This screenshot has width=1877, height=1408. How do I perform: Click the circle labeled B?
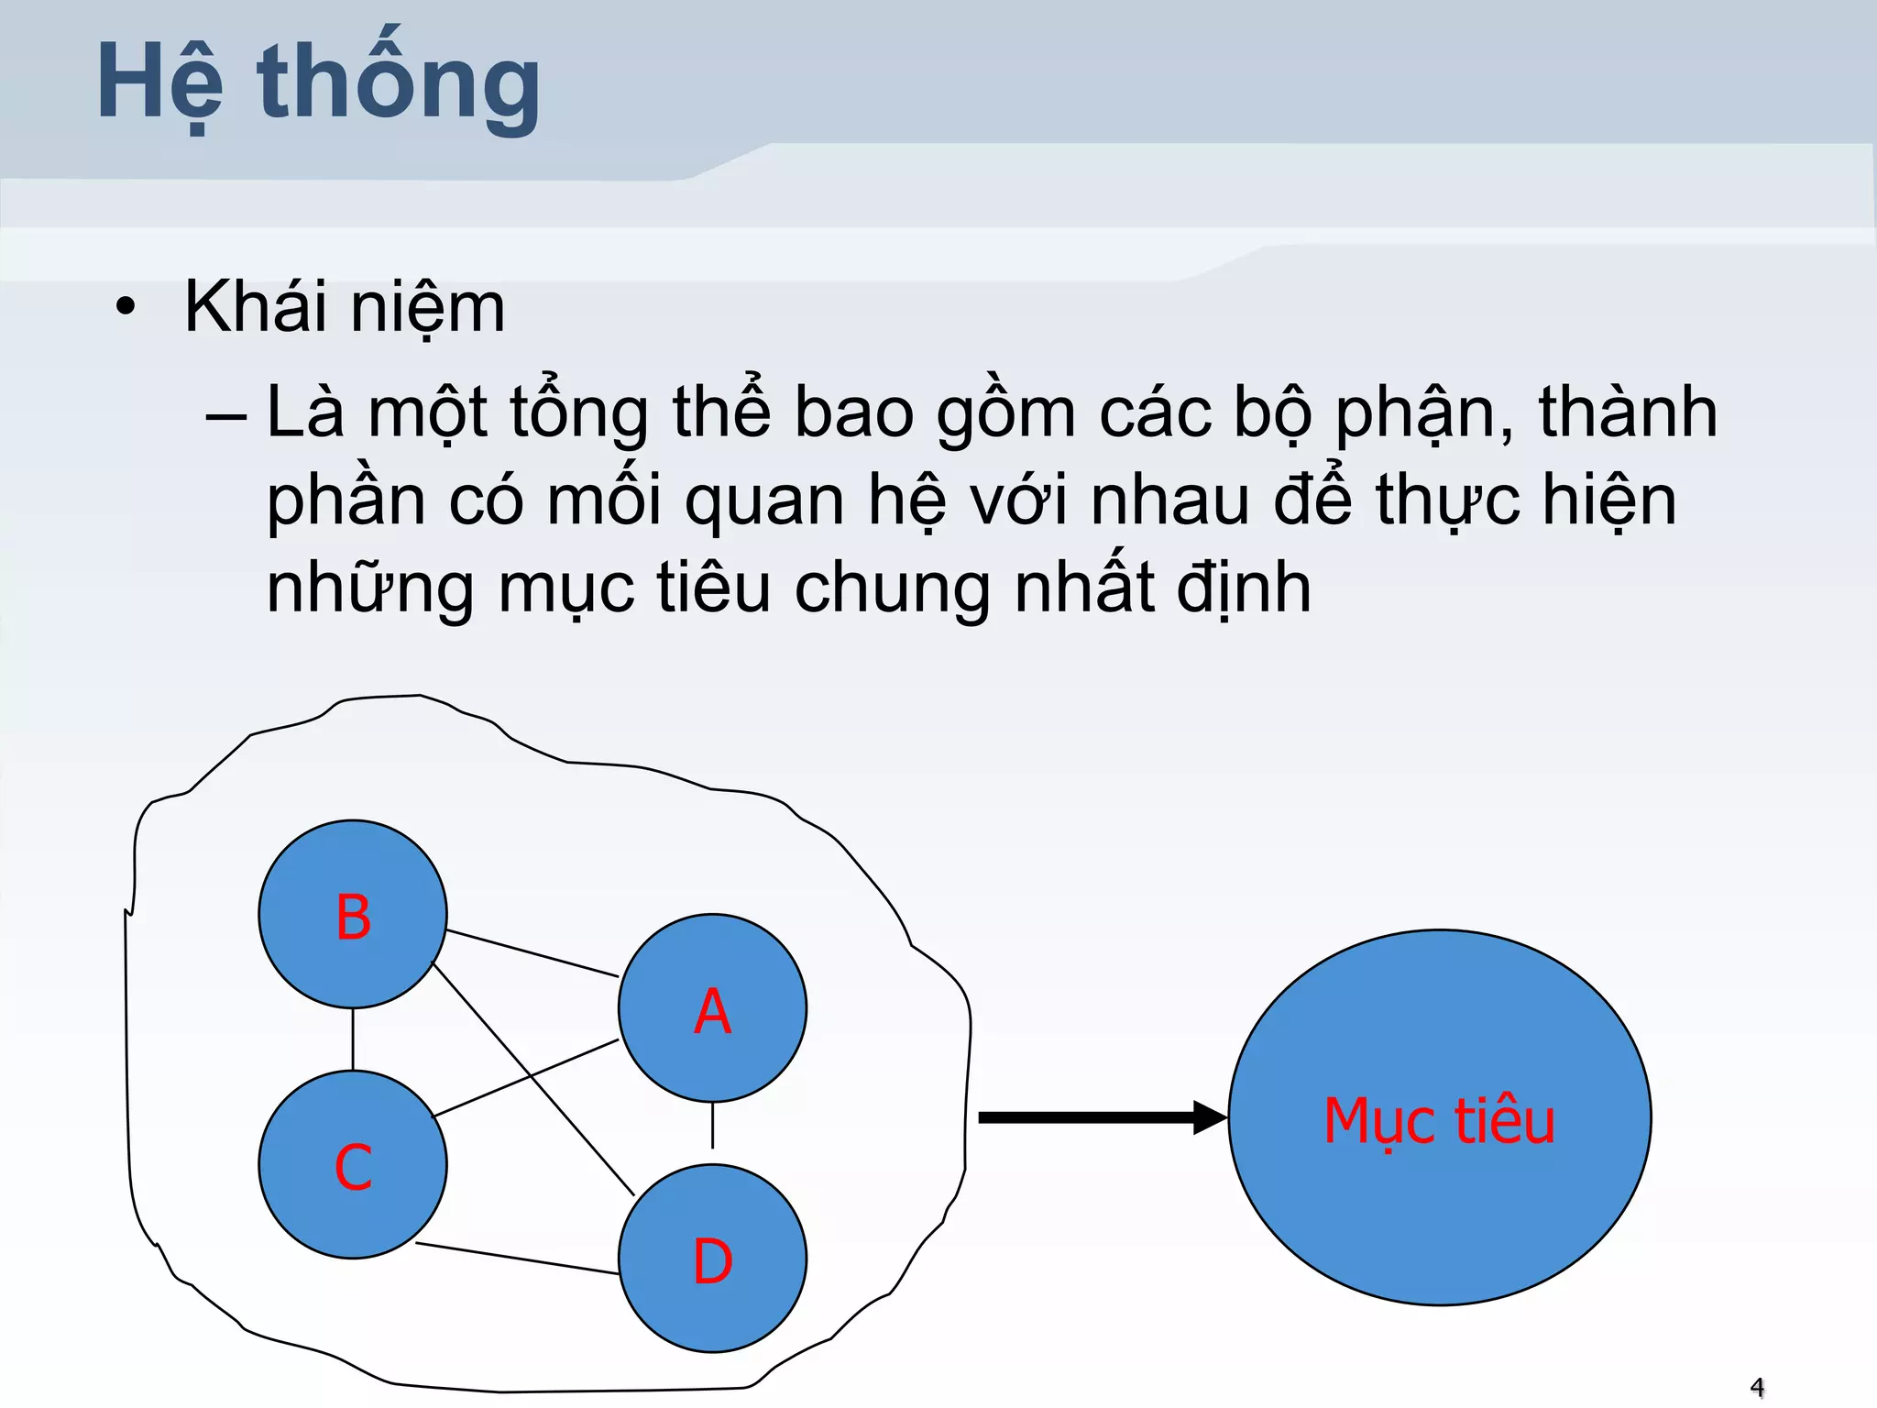(353, 914)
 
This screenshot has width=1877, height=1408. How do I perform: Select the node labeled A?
(712, 1008)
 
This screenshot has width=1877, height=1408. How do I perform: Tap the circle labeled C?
(353, 1164)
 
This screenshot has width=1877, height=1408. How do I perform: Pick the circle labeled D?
(712, 1259)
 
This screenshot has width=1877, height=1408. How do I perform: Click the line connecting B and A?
(532, 953)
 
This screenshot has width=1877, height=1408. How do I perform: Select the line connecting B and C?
(353, 1039)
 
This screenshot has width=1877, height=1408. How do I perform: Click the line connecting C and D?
(518, 1259)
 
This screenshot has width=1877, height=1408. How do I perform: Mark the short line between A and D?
(712, 1125)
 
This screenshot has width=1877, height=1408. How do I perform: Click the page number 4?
(1756, 1387)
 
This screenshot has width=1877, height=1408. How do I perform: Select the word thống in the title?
(400, 84)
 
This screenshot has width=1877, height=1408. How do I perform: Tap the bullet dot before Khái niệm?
(126, 307)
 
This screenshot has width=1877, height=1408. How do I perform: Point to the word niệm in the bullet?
(427, 308)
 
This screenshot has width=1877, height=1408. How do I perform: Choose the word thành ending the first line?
(1628, 412)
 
